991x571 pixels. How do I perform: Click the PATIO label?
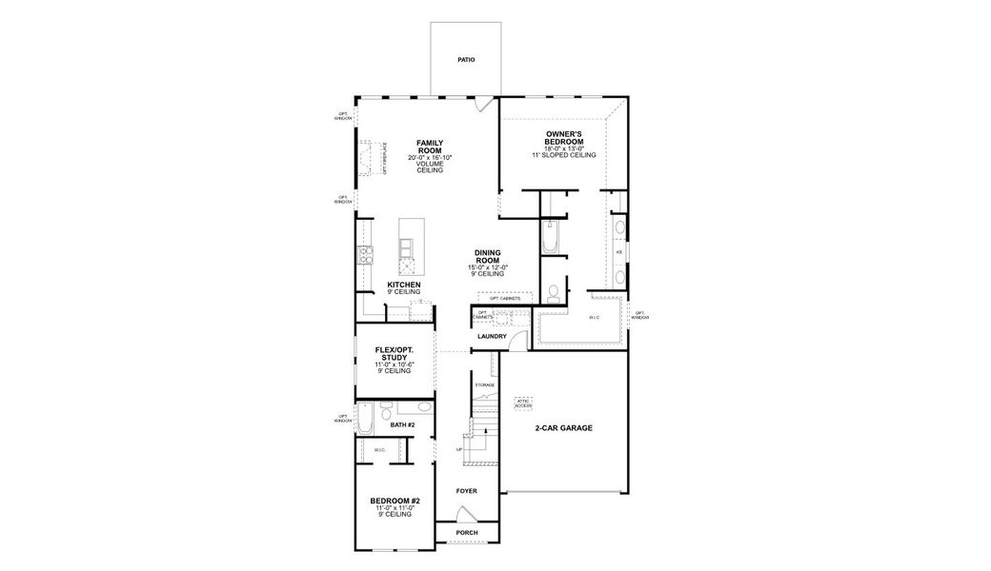point(465,60)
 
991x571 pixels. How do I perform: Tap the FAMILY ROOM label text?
point(430,147)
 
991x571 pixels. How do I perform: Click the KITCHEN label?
point(404,285)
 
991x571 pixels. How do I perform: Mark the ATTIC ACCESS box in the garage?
point(523,404)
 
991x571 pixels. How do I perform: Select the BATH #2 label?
point(404,424)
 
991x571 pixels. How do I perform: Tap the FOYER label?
point(466,491)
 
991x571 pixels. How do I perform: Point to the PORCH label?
point(466,533)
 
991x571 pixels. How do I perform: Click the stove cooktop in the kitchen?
point(365,254)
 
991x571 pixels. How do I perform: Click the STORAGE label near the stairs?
point(485,384)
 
